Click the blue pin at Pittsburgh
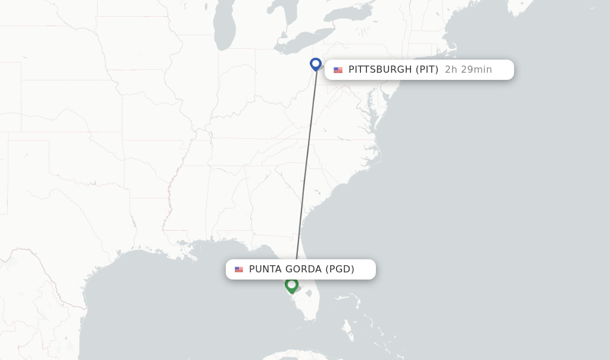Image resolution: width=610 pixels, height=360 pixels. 316,63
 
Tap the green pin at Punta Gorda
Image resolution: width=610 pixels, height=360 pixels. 291,285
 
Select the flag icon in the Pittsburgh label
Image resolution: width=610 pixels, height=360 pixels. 338,70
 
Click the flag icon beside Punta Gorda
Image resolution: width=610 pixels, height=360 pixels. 239,269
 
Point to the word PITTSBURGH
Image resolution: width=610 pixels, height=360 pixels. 380,70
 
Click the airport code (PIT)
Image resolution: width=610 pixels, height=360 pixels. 427,70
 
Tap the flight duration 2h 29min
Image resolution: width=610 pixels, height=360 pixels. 468,70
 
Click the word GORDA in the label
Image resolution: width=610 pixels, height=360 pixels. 303,269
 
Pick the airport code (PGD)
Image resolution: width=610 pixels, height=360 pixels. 340,269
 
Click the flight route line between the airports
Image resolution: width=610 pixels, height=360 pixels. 306,167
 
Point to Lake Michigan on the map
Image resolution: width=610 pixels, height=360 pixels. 226,27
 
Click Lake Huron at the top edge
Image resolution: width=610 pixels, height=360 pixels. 280,6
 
